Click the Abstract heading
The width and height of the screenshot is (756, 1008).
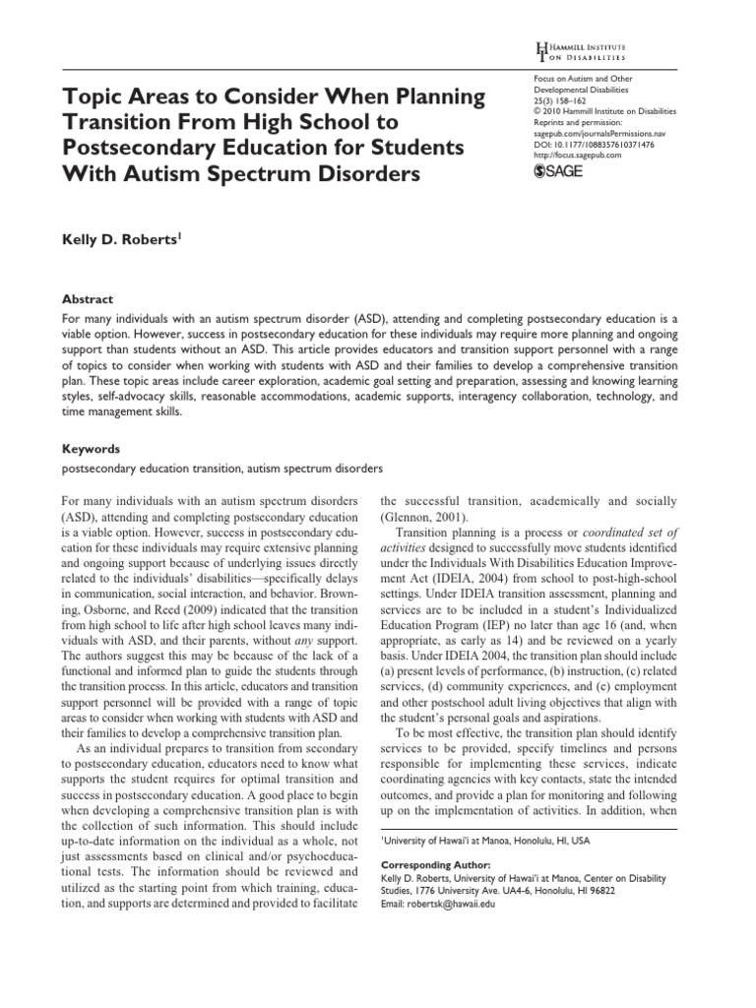tap(89, 299)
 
